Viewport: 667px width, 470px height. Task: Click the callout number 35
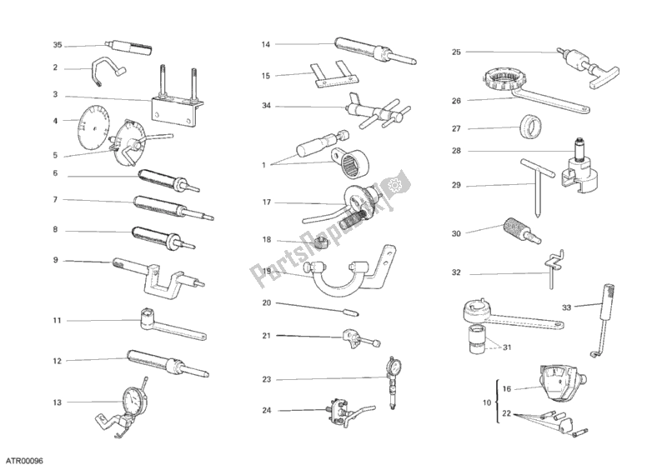pyautogui.click(x=57, y=45)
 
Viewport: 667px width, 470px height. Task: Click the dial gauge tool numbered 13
pyautogui.click(x=131, y=401)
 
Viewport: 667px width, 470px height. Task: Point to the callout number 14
pyautogui.click(x=265, y=44)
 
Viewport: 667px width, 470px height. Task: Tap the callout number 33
pyautogui.click(x=566, y=307)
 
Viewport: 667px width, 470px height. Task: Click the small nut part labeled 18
pyautogui.click(x=319, y=242)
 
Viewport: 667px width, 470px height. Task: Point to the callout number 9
pyautogui.click(x=55, y=260)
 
